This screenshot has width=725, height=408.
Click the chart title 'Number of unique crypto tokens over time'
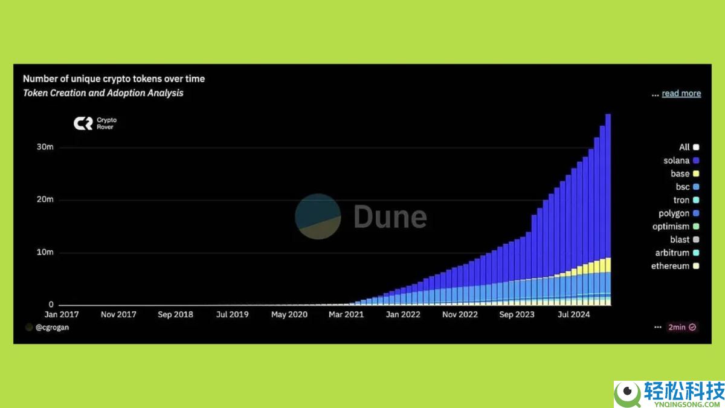(114, 79)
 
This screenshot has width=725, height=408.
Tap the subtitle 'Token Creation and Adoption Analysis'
(103, 93)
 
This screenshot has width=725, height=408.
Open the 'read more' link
(681, 94)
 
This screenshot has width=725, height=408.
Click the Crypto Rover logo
(94, 123)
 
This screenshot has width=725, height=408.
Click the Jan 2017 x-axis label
(62, 314)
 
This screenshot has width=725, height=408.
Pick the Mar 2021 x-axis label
(346, 314)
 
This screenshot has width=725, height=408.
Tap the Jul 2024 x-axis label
(574, 314)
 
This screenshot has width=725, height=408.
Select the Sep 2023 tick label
(517, 314)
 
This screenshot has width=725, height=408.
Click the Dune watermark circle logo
(318, 216)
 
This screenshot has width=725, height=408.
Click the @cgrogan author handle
(51, 327)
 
